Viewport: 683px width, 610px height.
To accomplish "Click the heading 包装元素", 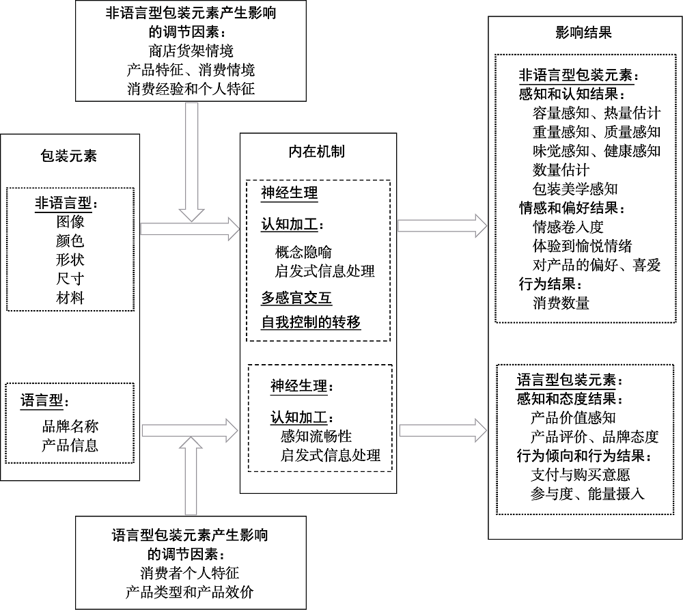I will click(x=69, y=156).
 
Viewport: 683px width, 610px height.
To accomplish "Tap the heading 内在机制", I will click(x=317, y=151).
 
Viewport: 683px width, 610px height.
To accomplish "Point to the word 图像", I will click(x=70, y=222).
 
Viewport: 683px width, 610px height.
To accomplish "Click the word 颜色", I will click(x=70, y=241).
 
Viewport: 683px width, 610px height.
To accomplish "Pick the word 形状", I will click(x=70, y=260).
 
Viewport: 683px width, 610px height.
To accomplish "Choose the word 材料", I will click(x=70, y=298).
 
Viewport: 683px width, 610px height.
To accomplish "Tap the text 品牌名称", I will click(x=70, y=427).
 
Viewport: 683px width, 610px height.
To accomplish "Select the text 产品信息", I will click(x=70, y=446).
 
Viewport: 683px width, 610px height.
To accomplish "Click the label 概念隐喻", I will click(x=304, y=252).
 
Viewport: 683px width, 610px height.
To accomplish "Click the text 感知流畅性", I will click(x=316, y=436).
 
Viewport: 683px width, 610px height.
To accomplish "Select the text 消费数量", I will click(x=561, y=303).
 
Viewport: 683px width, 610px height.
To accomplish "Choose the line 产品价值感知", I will click(x=573, y=417).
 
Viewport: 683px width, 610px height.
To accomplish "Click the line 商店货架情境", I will click(x=191, y=51).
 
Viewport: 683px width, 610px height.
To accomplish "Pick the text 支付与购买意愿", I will click(x=580, y=474).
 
